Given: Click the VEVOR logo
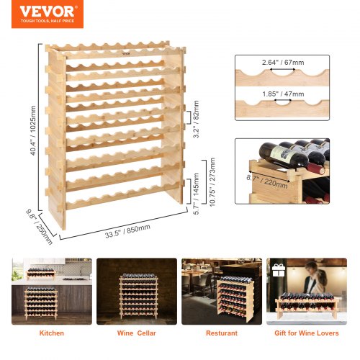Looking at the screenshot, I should (x=48, y=12).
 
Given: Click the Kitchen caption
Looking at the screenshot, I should (x=51, y=333).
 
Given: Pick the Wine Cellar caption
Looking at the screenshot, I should (x=137, y=333).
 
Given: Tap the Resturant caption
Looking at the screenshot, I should (x=222, y=333).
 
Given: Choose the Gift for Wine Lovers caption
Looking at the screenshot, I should (x=307, y=333).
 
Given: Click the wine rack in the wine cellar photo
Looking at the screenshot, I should (x=137, y=295).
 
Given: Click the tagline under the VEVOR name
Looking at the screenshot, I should (x=48, y=21).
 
